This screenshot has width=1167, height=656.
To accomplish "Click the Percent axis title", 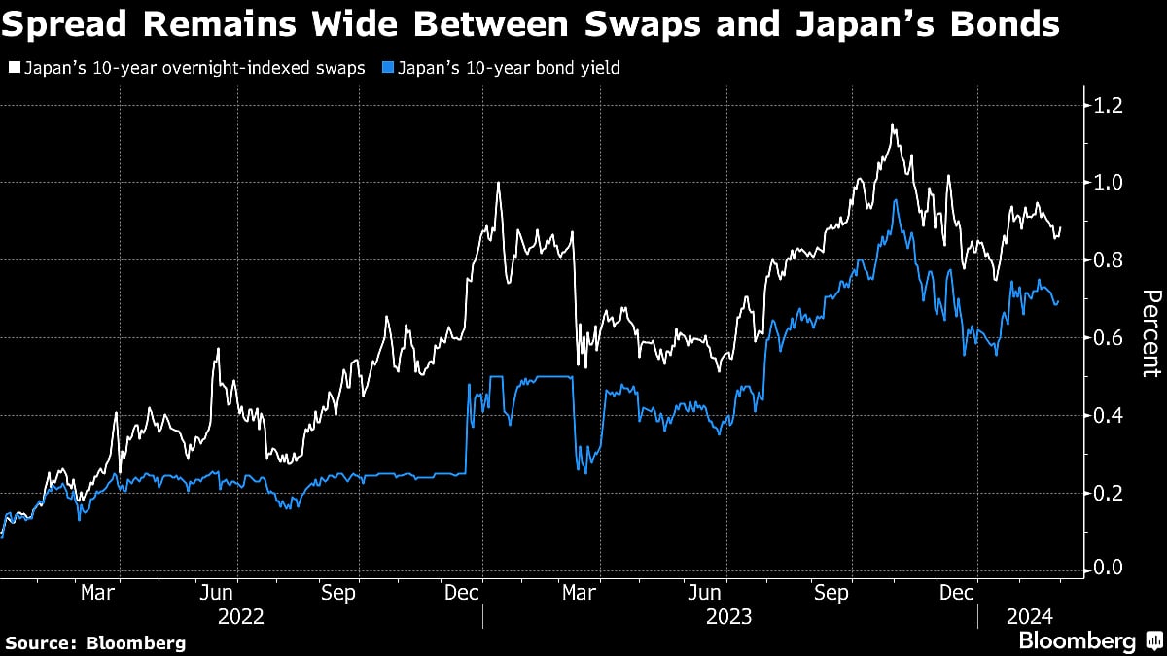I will [1150, 333].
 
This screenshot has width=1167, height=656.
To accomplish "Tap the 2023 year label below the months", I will [728, 615].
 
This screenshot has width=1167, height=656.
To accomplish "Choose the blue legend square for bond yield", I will [380, 69].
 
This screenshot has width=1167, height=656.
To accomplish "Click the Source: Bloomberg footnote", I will [95, 642].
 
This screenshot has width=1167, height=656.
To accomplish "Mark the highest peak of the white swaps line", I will [892, 125].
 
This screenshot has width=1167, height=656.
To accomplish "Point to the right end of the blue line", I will [1058, 300].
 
